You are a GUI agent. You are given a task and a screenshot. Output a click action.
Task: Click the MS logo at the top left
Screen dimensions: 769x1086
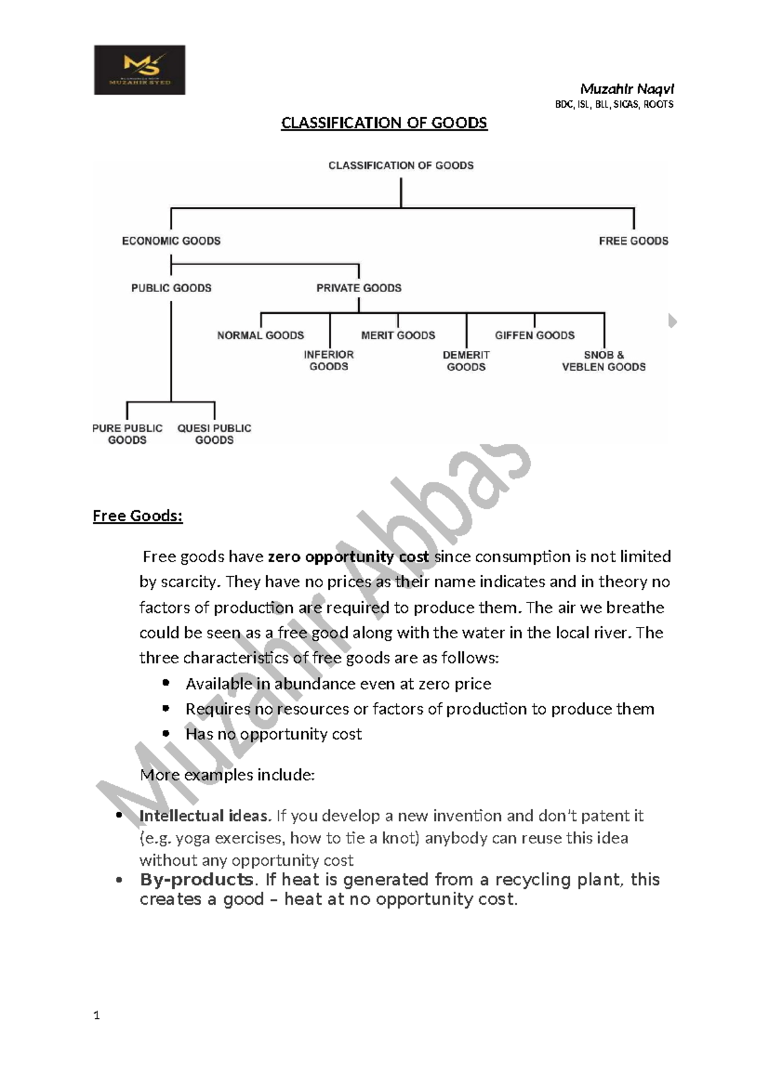140,70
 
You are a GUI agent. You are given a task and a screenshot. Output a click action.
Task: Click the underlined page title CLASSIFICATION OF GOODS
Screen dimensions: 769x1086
384,123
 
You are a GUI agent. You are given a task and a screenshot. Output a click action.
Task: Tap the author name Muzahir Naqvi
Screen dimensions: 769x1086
626,89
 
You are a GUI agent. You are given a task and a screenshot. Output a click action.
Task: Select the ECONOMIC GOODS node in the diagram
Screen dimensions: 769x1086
171,241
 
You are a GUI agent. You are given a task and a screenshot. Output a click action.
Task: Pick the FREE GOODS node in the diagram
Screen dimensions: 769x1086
633,241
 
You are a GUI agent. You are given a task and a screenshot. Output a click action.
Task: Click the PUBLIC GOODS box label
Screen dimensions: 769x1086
171,288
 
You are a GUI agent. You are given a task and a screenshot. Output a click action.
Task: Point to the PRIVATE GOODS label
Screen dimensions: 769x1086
359,288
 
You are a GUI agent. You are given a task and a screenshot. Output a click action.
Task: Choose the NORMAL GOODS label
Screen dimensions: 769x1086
260,335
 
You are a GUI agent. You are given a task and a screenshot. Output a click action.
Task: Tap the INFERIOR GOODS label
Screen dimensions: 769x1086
329,361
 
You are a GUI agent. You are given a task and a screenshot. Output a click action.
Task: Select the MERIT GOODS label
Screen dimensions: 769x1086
398,335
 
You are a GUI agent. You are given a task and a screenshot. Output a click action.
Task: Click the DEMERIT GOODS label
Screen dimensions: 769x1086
466,361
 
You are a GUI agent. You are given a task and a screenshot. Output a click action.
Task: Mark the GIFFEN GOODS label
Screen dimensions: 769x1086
534,335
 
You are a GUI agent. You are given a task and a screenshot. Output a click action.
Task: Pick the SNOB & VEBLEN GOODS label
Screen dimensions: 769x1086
604,361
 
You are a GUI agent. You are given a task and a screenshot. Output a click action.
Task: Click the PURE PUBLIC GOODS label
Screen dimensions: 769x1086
128,434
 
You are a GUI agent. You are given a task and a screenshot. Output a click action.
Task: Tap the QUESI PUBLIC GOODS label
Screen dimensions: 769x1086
214,434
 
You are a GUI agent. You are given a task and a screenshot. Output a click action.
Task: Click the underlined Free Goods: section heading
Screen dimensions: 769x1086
138,516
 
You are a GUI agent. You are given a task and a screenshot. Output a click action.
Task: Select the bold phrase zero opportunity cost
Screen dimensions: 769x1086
348,557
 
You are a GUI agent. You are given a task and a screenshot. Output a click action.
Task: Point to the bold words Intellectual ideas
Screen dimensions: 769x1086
205,816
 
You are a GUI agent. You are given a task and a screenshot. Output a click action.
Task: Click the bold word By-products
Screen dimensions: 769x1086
197,880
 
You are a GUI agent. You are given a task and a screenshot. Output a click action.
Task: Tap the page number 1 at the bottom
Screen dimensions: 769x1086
96,1015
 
